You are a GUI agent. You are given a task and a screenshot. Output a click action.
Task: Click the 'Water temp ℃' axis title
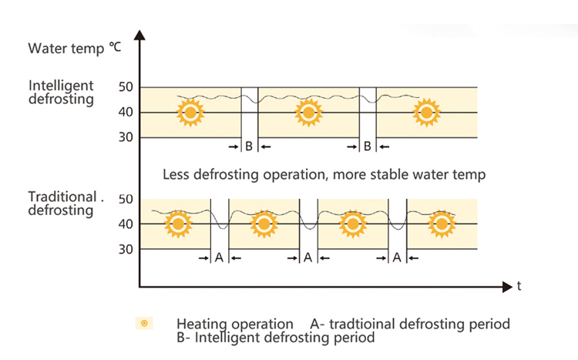point(75,49)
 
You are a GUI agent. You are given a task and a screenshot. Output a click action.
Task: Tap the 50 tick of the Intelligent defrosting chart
point(126,87)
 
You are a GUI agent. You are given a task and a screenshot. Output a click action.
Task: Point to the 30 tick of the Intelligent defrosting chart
point(126,137)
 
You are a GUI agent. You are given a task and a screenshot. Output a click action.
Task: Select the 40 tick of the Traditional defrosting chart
point(126,224)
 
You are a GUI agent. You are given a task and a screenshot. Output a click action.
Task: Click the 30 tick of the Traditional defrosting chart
point(126,250)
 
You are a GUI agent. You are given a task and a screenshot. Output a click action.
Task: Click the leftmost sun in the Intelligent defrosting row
point(190,113)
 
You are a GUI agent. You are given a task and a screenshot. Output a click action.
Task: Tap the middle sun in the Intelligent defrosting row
point(308,113)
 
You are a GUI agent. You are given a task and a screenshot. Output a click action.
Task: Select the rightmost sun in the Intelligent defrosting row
point(425,113)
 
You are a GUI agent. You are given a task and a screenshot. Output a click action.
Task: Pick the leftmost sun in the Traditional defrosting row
point(179,224)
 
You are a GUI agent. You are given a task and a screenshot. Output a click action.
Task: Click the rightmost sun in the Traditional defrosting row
point(442,224)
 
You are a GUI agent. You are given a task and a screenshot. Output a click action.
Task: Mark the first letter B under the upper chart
point(248,146)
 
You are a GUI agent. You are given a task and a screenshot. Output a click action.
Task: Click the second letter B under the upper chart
point(368,146)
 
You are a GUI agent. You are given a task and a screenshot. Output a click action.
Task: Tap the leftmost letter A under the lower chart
point(219,258)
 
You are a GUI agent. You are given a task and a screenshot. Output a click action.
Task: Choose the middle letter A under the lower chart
point(307,258)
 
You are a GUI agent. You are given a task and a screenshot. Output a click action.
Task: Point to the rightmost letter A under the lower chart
point(398,258)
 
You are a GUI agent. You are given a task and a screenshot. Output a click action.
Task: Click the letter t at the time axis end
point(519,287)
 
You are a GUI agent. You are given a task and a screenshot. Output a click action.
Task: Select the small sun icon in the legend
point(143,324)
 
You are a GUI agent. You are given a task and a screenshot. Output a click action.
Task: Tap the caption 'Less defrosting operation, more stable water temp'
point(324,175)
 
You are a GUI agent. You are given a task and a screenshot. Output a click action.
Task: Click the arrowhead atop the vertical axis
point(139,35)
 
